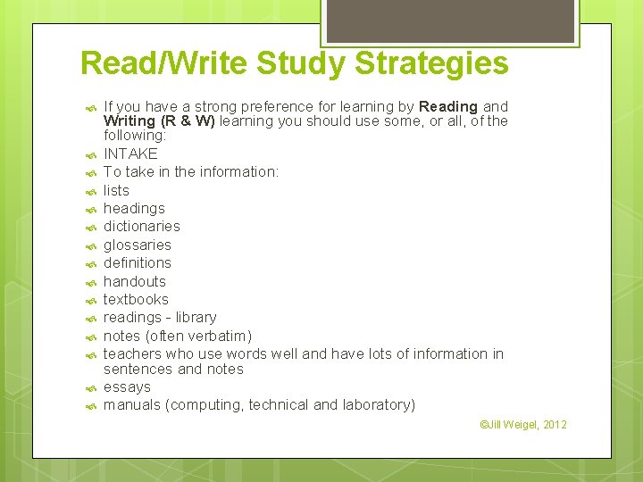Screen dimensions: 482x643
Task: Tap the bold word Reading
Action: tap(448, 106)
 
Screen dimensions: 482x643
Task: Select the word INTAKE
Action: tap(130, 154)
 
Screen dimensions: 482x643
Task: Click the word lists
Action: tap(116, 190)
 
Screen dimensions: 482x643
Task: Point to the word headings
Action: tap(134, 208)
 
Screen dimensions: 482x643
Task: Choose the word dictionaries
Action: tap(141, 226)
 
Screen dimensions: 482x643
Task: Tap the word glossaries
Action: tap(137, 245)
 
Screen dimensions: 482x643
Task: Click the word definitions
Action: tap(137, 262)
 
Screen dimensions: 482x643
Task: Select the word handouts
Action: tap(135, 281)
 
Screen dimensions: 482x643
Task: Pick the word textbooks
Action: tap(136, 299)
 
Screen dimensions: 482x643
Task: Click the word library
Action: tap(196, 317)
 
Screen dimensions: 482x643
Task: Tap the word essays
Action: tap(127, 386)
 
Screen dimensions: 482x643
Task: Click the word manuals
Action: tap(133, 404)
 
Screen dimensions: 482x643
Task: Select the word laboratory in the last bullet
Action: tap(377, 404)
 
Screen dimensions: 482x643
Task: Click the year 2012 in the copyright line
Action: tap(553, 424)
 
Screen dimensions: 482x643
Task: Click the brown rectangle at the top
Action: tap(449, 21)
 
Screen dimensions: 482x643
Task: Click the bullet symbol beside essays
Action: tap(90, 387)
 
